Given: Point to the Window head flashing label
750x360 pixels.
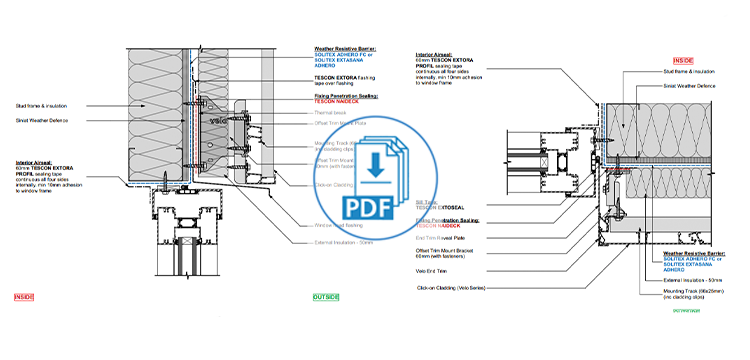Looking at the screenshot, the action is tap(325, 225).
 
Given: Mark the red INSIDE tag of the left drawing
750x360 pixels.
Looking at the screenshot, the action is tap(24, 297).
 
